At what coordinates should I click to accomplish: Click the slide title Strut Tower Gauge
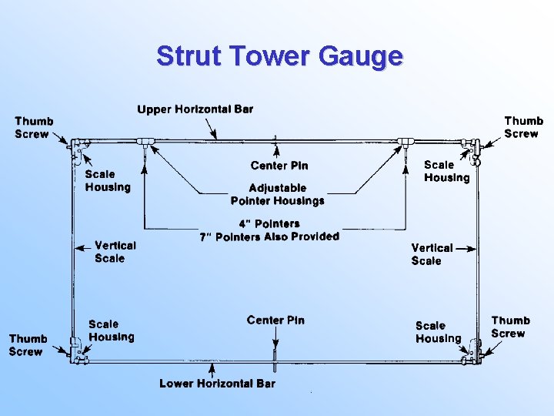(279, 56)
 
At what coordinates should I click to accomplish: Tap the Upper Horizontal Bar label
(195, 109)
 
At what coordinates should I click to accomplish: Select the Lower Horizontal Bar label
(217, 383)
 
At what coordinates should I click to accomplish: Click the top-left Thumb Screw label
(34, 127)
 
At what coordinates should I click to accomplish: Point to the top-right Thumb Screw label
(523, 127)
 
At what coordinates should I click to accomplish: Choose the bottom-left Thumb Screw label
(28, 344)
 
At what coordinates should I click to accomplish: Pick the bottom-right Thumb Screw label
(510, 327)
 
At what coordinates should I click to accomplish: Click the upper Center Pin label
(279, 166)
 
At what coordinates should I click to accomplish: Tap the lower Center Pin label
(275, 320)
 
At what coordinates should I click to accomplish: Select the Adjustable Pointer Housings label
(278, 194)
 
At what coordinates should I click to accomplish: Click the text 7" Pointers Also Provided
(269, 237)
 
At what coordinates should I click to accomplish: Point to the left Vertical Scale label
(115, 252)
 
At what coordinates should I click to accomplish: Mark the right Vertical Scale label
(432, 254)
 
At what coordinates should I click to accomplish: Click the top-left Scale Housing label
(108, 180)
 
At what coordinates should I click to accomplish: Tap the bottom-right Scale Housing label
(438, 332)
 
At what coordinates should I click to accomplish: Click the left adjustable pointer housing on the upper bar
(145, 142)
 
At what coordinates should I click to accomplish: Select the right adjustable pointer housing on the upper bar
(405, 142)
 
